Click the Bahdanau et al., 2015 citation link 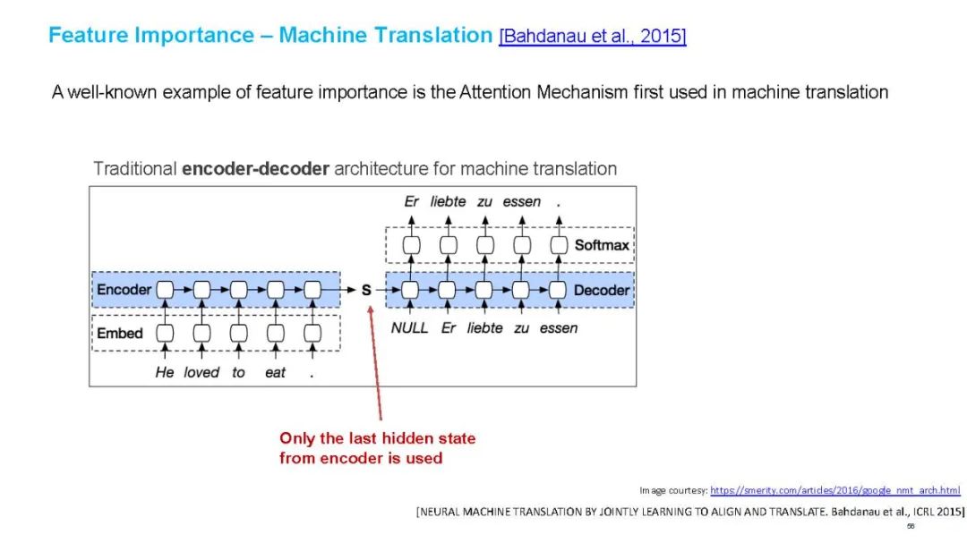coord(593,37)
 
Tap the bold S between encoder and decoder coord(366,290)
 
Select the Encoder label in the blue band coord(124,290)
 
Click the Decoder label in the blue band coord(602,290)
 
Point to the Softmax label coord(602,245)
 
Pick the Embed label coord(119,333)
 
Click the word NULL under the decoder coord(409,328)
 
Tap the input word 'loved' coord(201,372)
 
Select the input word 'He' coord(165,372)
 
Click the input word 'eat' coord(275,372)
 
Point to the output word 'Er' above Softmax coord(411,202)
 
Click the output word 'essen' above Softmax coord(521,202)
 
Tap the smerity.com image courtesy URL coord(834,490)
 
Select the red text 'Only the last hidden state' coord(377,438)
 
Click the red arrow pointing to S coord(376,367)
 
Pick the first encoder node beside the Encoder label coord(165,290)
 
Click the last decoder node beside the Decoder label coord(558,290)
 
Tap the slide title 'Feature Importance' coord(151,36)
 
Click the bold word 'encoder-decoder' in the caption coord(255,169)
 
